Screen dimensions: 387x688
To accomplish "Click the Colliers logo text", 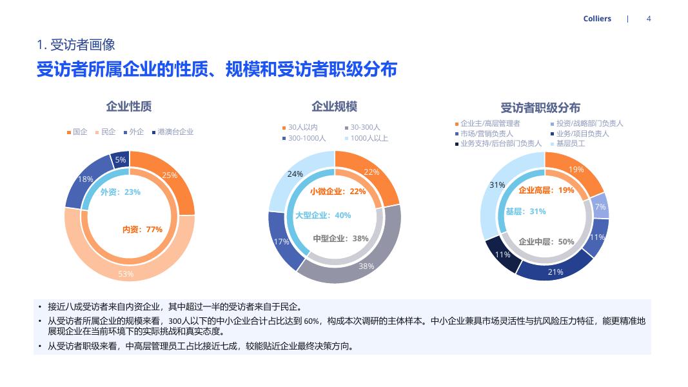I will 597,19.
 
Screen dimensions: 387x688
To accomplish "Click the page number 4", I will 649,19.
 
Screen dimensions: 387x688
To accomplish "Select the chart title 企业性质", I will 129,106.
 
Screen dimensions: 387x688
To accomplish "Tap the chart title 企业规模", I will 334,106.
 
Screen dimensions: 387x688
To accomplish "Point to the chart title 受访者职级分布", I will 540,108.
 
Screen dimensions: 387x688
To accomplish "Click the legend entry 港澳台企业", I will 175,132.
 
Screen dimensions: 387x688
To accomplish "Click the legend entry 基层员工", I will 571,143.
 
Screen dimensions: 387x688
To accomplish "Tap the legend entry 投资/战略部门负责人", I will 589,123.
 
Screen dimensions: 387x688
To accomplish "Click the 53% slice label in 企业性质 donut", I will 126,274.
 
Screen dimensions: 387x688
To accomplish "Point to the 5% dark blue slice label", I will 121,160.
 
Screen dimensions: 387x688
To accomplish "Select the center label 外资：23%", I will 121,192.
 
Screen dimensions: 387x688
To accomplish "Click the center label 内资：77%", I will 143,229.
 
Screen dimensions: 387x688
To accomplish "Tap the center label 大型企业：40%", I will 323,215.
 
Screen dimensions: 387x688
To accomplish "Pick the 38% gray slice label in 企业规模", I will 366,266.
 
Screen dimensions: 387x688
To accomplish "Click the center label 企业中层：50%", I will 546,242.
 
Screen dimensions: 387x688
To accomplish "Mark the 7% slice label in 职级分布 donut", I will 600,207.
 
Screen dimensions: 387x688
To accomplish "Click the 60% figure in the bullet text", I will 312,321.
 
